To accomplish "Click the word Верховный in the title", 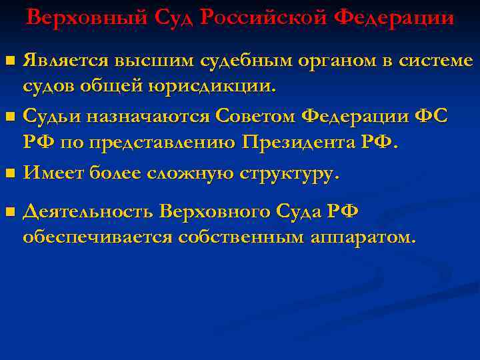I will (x=79, y=17).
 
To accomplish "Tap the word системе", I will (x=436, y=61).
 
